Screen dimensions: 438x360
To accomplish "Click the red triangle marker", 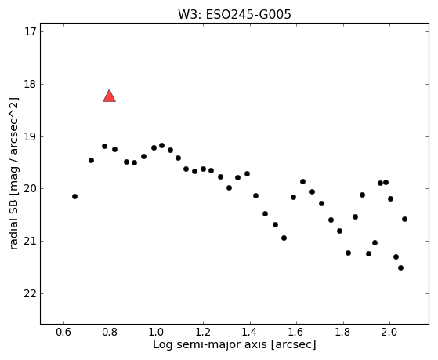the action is pyautogui.click(x=109, y=96).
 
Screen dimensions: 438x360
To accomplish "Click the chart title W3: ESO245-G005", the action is pyautogui.click(x=234, y=15).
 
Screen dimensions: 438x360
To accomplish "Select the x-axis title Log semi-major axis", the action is pyautogui.click(x=210, y=344).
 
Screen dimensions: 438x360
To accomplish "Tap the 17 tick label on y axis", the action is pyautogui.click(x=31, y=31).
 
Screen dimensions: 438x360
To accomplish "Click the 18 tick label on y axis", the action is pyautogui.click(x=31, y=84).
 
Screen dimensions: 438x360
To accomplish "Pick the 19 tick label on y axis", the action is pyautogui.click(x=31, y=136).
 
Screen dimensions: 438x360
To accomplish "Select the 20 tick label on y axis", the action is pyautogui.click(x=31, y=189).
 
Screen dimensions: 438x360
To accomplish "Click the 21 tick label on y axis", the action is pyautogui.click(x=31, y=241).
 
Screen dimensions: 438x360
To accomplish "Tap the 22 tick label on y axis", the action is pyautogui.click(x=31, y=293).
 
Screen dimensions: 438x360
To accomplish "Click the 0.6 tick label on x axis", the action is pyautogui.click(x=63, y=333).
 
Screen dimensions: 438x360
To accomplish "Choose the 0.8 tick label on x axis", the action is pyautogui.click(x=110, y=333).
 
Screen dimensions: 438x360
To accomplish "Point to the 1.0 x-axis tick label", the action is pyautogui.click(x=157, y=333).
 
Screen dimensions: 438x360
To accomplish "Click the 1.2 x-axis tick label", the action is pyautogui.click(x=203, y=333).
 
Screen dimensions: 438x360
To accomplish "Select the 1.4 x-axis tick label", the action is pyautogui.click(x=249, y=333).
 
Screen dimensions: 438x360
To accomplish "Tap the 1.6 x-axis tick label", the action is pyautogui.click(x=296, y=333).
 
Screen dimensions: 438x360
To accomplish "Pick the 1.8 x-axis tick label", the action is pyautogui.click(x=342, y=333).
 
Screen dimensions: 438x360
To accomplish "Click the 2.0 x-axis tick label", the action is pyautogui.click(x=389, y=333).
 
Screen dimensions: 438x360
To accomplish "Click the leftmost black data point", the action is pyautogui.click(x=74, y=196).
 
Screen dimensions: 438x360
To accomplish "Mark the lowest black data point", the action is pyautogui.click(x=400, y=267).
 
